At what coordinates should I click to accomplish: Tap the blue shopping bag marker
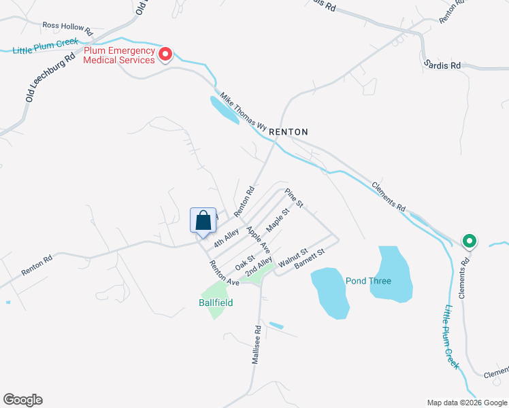pos(203,221)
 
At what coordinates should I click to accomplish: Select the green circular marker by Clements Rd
pos(470,241)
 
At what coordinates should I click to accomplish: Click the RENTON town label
pos(289,132)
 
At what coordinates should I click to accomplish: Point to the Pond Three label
pos(368,280)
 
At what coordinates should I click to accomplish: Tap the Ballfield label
pos(216,302)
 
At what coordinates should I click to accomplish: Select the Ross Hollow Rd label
pos(67,27)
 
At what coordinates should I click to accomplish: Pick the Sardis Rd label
pos(442,65)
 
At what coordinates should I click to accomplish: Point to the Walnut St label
pos(293,256)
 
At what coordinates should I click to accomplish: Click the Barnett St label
pos(310,259)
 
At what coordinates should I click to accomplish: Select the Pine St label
pos(293,198)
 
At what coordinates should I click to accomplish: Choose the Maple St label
pos(278,220)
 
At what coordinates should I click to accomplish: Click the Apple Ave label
pos(259,239)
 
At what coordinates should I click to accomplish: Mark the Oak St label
pos(245,262)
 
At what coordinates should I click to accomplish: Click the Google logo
pos(22,400)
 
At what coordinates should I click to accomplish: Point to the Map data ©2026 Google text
pos(466,403)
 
